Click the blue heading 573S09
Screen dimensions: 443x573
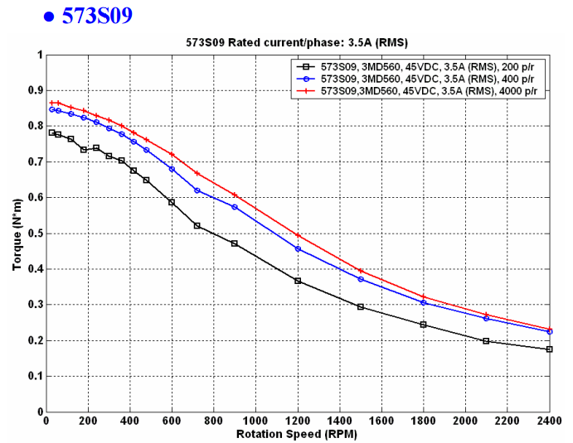tap(96, 16)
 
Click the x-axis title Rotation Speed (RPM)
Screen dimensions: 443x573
tap(296, 434)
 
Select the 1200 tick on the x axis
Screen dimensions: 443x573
tap(297, 421)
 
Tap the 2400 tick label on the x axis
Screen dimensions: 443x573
tap(548, 421)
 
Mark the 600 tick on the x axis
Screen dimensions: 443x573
tap(172, 421)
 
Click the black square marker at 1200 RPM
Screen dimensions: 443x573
tap(298, 281)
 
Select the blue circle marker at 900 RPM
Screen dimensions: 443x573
tap(235, 207)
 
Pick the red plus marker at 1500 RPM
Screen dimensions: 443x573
tap(360, 271)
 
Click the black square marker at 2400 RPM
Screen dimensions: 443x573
tap(549, 349)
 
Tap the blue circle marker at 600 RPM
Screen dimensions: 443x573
tap(172, 169)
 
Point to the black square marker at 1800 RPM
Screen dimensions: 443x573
tap(423, 325)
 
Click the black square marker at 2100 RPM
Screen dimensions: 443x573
tap(486, 341)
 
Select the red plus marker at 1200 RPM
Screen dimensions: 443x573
tap(298, 235)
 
